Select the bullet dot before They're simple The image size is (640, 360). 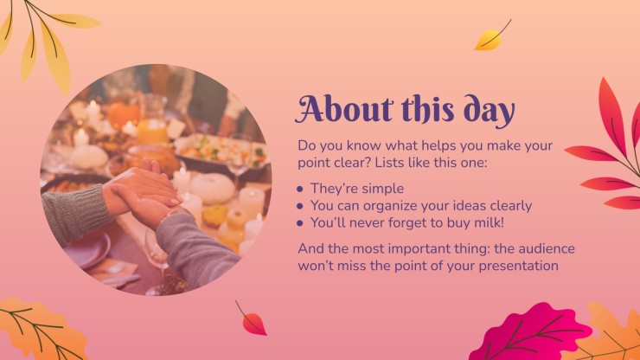(x=300, y=189)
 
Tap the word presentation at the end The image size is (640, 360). (x=518, y=267)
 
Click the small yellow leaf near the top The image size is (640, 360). (x=490, y=38)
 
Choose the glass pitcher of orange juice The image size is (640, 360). (x=153, y=119)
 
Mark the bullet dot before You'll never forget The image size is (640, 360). (x=300, y=223)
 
